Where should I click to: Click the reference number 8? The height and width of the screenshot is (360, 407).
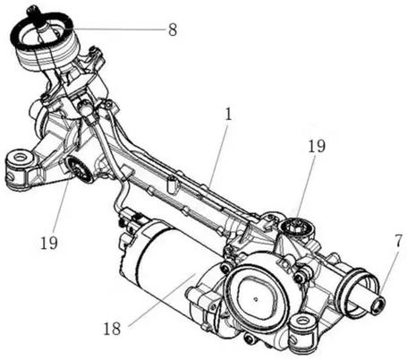[173, 30]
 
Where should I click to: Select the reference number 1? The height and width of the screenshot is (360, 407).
[228, 115]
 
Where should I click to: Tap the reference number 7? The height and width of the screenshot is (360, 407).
[399, 241]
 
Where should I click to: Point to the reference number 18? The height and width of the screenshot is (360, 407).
[112, 329]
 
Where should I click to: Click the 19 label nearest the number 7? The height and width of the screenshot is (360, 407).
[317, 146]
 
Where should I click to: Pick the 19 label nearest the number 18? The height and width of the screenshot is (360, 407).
[49, 243]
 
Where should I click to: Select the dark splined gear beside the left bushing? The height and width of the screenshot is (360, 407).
[79, 169]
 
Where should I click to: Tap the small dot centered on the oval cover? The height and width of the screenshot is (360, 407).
[256, 298]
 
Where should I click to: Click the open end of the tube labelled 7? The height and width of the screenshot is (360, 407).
[378, 305]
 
